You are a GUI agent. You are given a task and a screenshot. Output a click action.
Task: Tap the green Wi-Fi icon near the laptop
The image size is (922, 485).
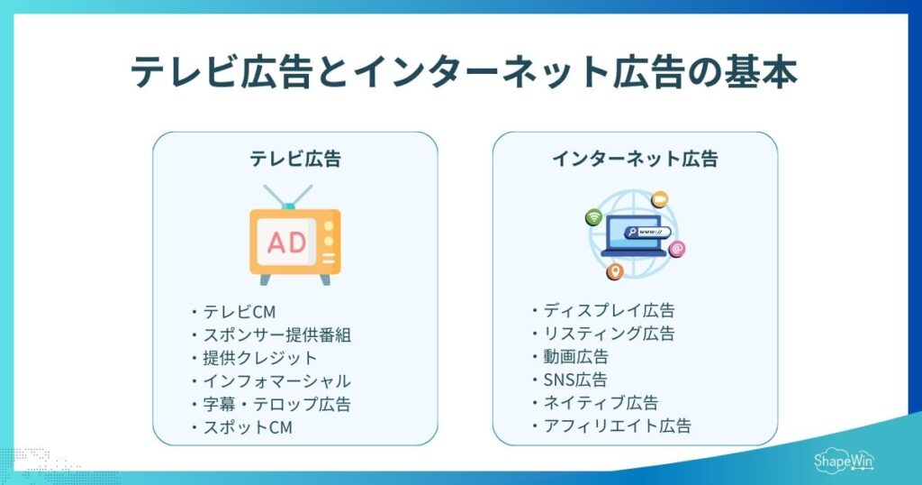[593, 217]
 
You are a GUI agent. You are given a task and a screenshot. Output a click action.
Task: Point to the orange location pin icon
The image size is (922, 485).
[616, 270]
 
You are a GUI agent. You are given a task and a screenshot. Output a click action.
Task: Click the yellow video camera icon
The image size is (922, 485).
[659, 197]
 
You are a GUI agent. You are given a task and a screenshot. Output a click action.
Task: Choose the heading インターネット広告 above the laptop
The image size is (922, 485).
[635, 160]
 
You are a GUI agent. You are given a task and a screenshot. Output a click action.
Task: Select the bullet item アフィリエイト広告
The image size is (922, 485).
[617, 426]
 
